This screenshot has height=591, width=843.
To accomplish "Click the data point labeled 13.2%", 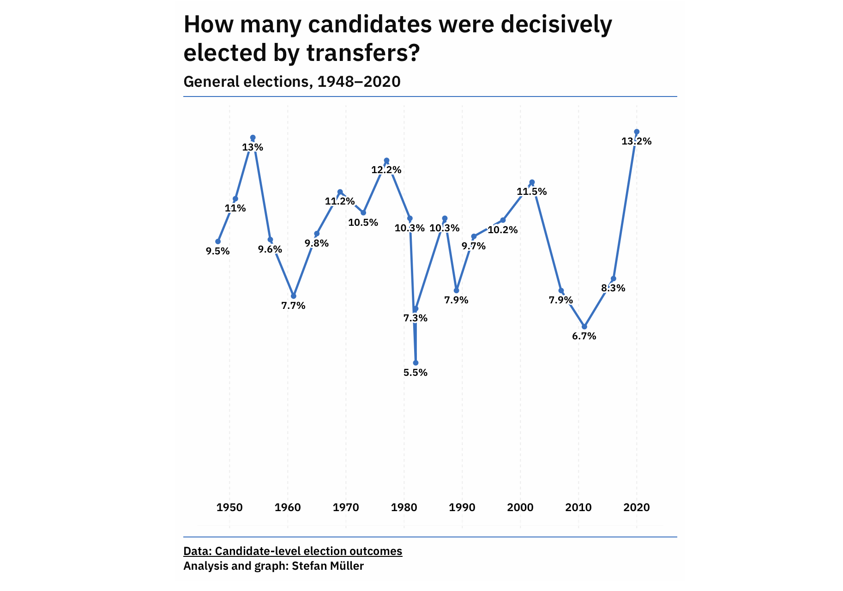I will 637,132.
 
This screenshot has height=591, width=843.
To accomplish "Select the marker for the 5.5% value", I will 415,363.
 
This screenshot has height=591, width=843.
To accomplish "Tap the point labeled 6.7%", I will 584,326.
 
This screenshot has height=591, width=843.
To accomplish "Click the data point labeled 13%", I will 253,138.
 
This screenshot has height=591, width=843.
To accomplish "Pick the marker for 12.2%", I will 386,160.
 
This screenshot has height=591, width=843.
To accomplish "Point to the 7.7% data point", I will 294,296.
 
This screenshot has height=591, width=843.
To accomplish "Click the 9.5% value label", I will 217,252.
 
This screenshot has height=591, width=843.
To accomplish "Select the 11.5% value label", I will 531,192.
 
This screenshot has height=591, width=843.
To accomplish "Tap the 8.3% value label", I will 613,288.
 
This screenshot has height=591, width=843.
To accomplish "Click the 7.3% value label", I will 415,318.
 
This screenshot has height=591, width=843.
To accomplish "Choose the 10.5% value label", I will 363,223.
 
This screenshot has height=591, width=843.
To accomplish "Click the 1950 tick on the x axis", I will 229,508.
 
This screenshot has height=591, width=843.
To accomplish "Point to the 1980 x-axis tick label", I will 404,508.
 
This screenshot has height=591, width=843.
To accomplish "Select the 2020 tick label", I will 637,508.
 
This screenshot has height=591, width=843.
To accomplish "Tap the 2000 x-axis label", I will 520,508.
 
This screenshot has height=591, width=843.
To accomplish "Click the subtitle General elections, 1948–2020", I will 292,82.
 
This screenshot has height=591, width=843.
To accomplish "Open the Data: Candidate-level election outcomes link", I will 293,551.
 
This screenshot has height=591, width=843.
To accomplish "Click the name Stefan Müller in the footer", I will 328,566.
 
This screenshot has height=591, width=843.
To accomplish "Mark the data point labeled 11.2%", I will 340,192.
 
